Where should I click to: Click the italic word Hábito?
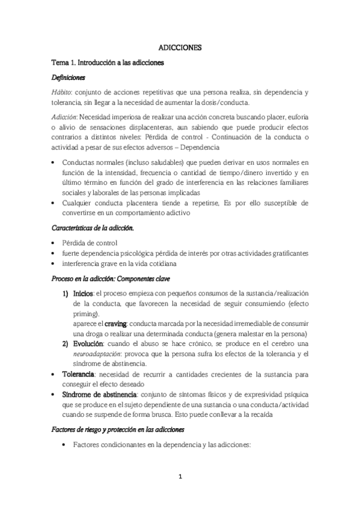point(60,92)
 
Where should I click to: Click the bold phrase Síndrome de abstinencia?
point(100,395)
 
